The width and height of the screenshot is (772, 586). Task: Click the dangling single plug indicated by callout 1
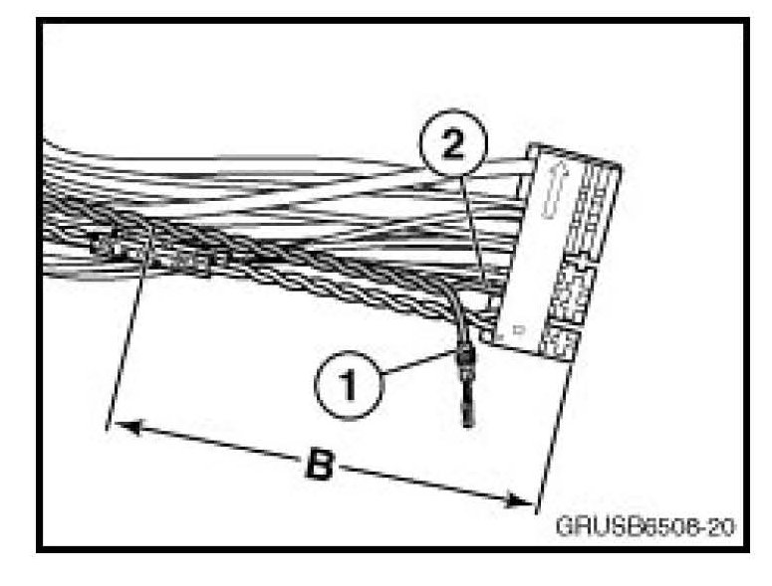click(466, 373)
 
